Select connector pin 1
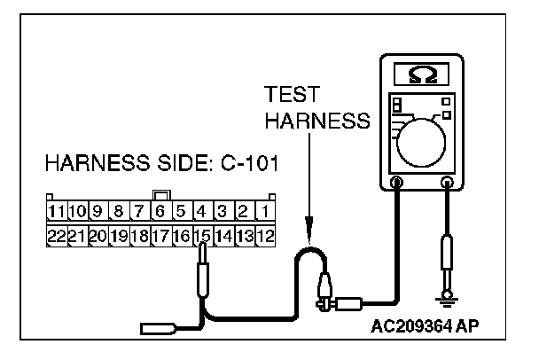coord(266,212)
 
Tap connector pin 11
coord(57,212)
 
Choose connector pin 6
coord(160,212)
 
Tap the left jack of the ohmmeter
coord(396,184)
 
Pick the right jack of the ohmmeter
coord(448,184)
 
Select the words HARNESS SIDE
coord(112,166)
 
